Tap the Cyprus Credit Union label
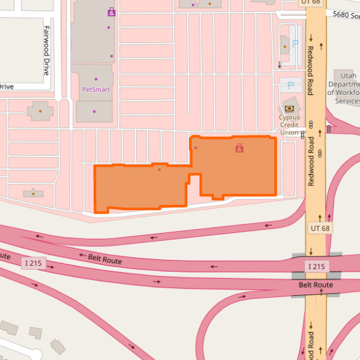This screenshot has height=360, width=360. coord(289,125)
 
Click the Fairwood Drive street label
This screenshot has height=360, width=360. coord(46,50)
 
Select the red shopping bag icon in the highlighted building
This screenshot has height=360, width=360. coord(239,149)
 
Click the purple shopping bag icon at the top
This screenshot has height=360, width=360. coord(111,12)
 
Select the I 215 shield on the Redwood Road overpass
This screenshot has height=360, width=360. coord(316,266)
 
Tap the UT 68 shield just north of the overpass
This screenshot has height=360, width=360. coord(319,228)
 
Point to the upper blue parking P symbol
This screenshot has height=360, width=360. coord(295,43)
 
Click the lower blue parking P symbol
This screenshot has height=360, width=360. coord(291,85)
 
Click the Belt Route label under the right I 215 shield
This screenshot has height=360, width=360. coord(316,285)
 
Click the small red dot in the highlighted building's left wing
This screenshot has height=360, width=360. coord(159,170)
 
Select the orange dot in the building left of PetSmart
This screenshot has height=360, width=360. coord(40,111)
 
